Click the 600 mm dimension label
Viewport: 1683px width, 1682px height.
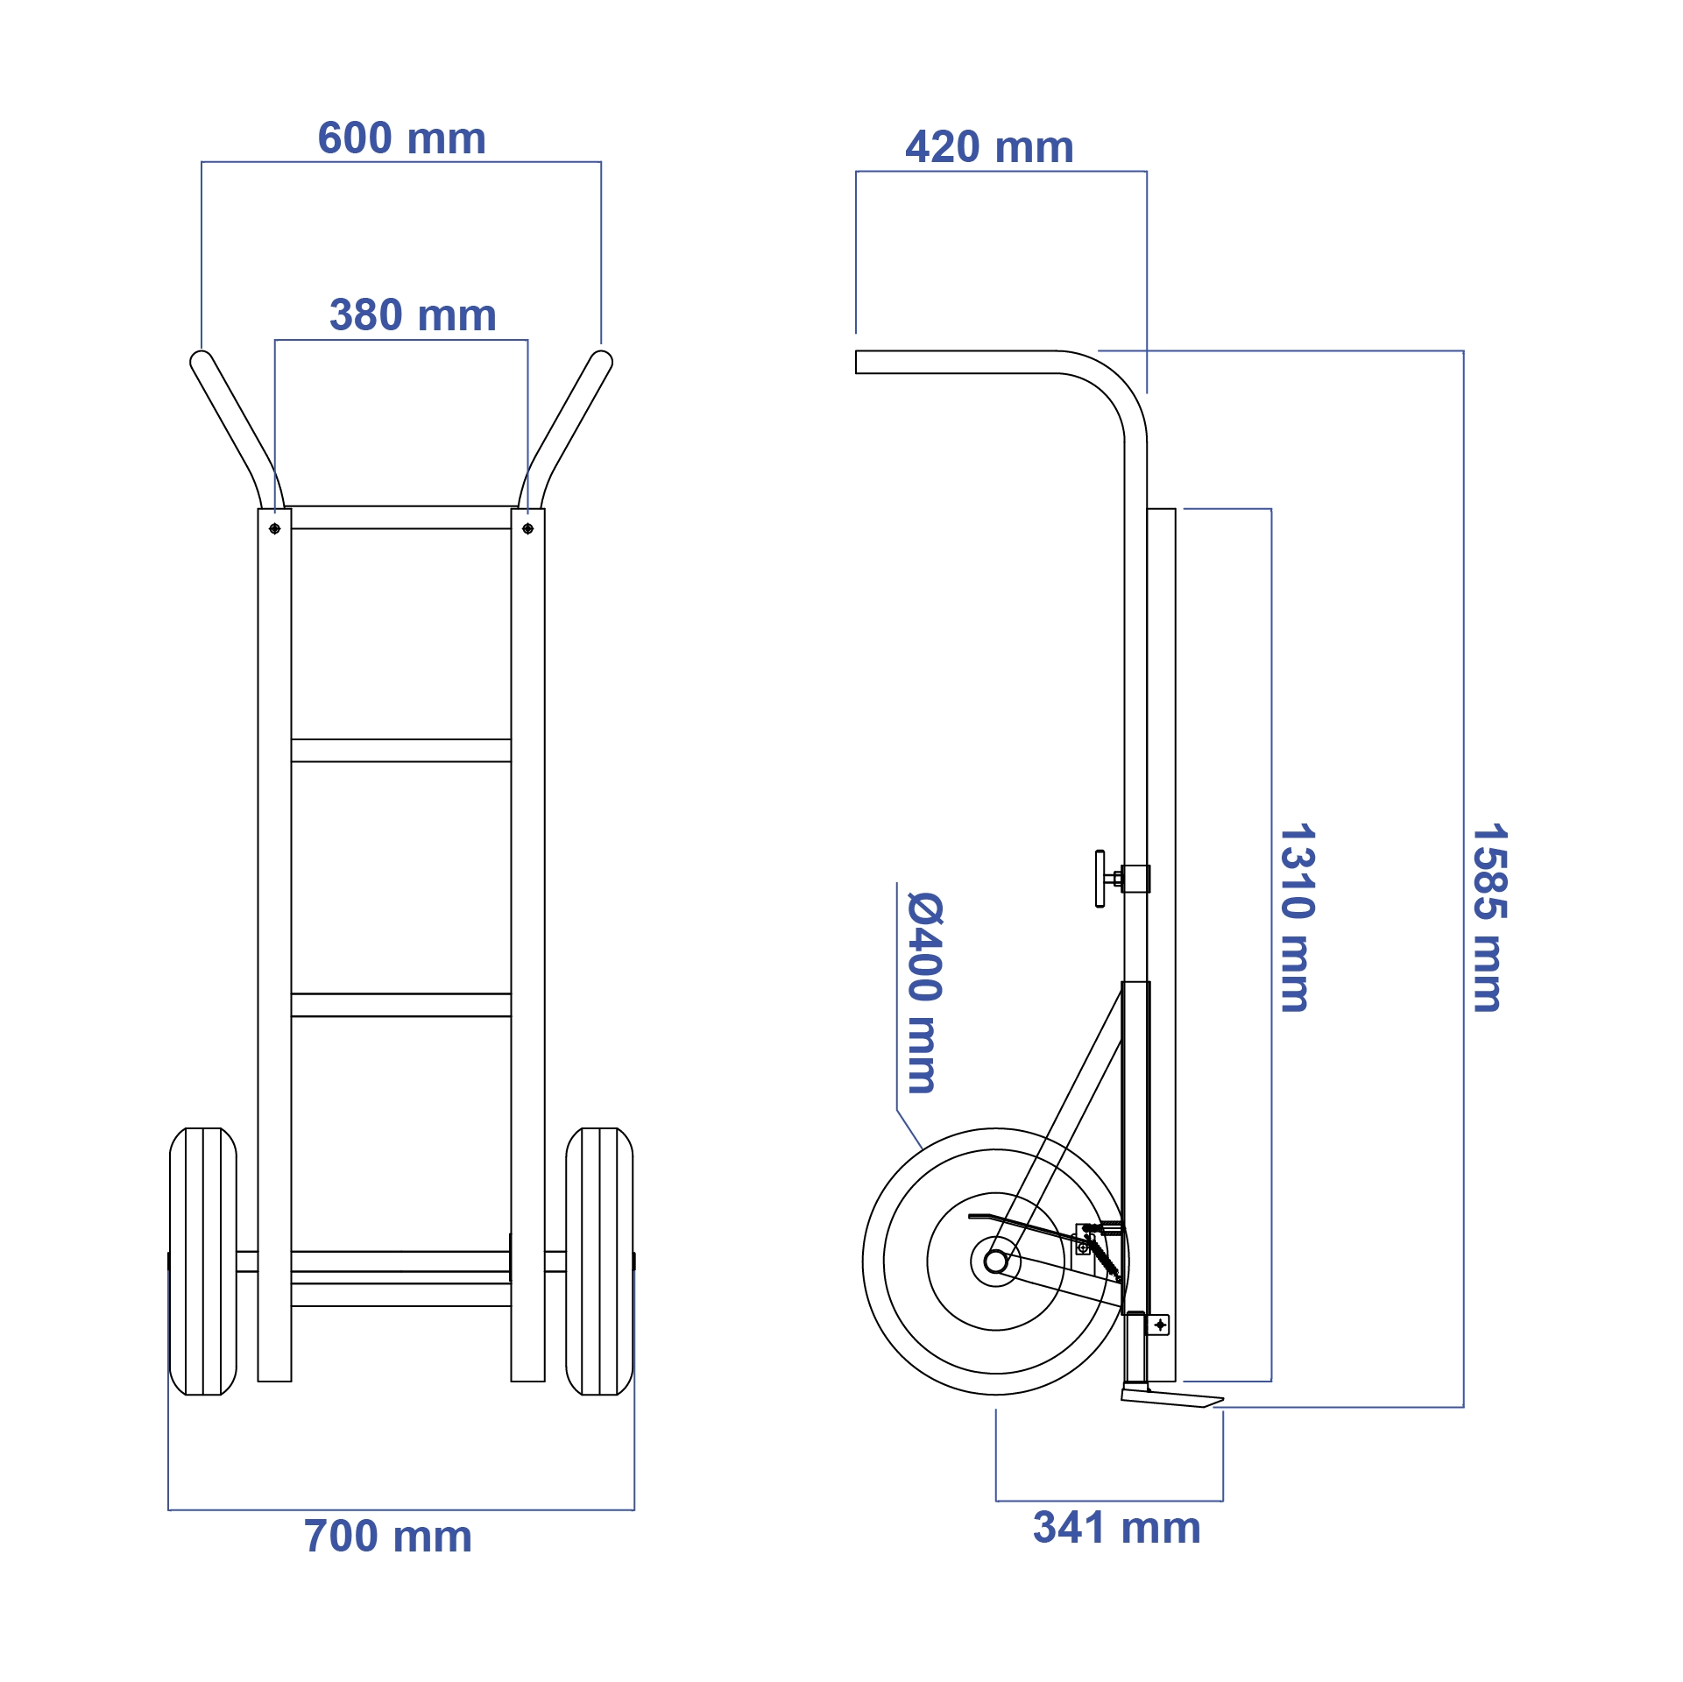[401, 138]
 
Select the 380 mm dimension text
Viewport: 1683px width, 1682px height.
[413, 315]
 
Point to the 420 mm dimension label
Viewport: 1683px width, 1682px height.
[989, 147]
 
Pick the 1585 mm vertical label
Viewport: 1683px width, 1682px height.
[1489, 917]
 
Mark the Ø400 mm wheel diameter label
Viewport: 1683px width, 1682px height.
[924, 993]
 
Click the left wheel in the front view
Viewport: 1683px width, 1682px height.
[202, 1261]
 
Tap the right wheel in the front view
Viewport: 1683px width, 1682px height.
[599, 1261]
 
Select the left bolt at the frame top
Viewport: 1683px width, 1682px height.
[274, 529]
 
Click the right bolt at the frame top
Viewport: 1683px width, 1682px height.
[527, 529]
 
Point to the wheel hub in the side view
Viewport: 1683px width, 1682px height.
[995, 1261]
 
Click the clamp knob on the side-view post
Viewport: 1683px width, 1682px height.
[1100, 878]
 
